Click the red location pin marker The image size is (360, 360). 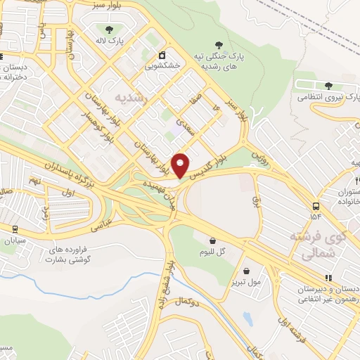pyautogui.click(x=181, y=166)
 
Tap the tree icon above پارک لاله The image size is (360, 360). pyautogui.click(x=109, y=30)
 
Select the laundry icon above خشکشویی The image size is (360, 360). pyautogui.click(x=162, y=54)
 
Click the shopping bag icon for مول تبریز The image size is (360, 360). pyautogui.click(x=247, y=271)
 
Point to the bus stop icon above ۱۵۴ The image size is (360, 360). pyautogui.click(x=315, y=206)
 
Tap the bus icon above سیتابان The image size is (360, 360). pyautogui.click(x=15, y=229)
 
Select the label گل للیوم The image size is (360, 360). pyautogui.click(x=210, y=252)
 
